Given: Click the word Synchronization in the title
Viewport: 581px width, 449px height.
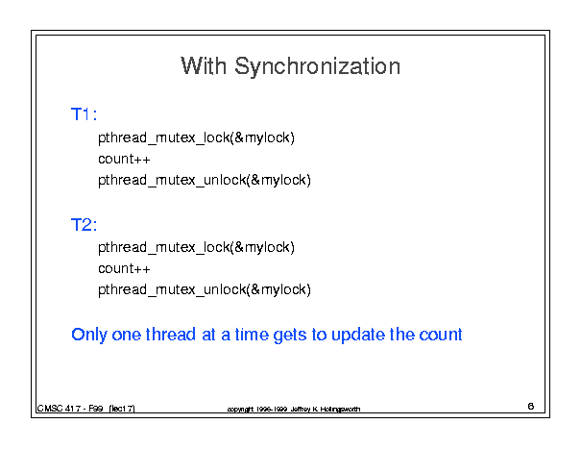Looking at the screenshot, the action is (317, 66).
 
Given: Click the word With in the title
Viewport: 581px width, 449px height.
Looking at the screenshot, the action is (204, 66).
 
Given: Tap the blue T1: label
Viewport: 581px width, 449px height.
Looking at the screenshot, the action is (84, 113).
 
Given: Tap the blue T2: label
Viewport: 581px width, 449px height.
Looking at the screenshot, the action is (84, 225).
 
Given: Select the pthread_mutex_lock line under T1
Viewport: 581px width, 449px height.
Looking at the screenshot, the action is (196, 137).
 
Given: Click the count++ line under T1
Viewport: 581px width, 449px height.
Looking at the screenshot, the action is (124, 159).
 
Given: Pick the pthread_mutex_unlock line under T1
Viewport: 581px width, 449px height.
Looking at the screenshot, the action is (205, 180).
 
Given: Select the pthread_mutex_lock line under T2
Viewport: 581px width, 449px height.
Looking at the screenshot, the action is (196, 247).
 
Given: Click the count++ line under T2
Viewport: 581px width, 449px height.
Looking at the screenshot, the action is (124, 268).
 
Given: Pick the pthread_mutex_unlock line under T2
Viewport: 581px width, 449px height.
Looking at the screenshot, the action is (205, 289).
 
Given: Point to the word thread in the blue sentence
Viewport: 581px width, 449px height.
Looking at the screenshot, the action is (170, 335).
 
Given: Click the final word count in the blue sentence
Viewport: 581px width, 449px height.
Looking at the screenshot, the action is (441, 335).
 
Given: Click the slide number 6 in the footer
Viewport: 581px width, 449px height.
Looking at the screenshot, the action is (531, 407).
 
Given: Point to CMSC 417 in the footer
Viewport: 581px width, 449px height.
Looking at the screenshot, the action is (59, 409).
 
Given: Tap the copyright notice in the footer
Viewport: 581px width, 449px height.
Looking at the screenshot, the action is (294, 409).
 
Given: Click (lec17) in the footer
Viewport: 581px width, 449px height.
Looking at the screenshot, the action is (122, 409).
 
